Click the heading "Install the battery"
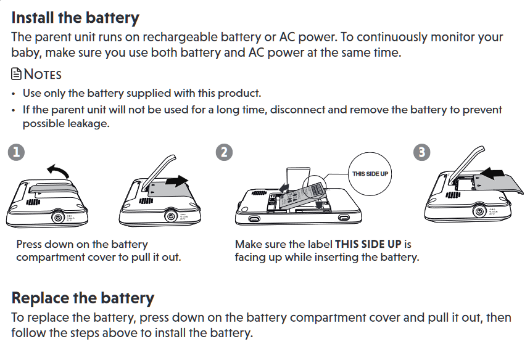tap(75, 17)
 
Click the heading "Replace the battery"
tap(83, 298)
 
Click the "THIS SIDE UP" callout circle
tap(370, 173)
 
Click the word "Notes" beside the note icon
tap(43, 75)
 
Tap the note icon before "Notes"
tap(17, 75)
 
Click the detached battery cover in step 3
tap(496, 185)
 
